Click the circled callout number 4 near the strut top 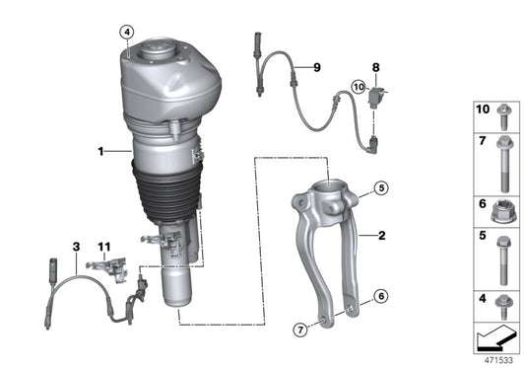pyautogui.click(x=126, y=32)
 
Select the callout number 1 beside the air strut pyautogui.click(x=99, y=152)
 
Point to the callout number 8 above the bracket pyautogui.click(x=375, y=67)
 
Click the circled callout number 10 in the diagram pyautogui.click(x=359, y=89)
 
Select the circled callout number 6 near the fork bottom pyautogui.click(x=380, y=295)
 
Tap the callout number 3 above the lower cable pyautogui.click(x=75, y=244)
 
